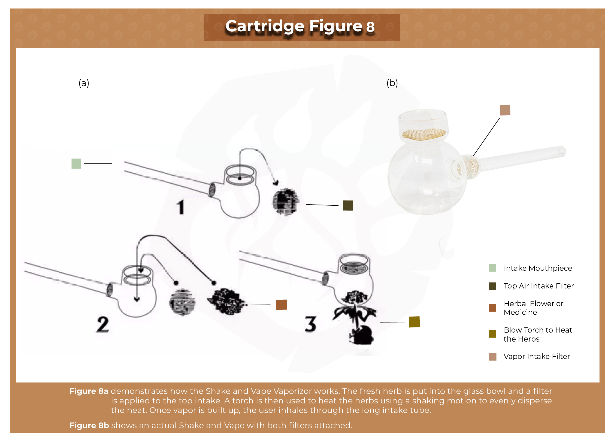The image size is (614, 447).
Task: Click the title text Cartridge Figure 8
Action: point(300,26)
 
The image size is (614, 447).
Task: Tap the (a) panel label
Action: point(84,83)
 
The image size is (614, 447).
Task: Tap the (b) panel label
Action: point(392,83)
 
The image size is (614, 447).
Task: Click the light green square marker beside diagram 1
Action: point(76,164)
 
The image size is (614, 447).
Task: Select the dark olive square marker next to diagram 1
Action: point(348,205)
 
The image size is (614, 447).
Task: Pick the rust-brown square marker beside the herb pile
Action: point(281,305)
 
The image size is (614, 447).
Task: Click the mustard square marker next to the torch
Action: point(414,322)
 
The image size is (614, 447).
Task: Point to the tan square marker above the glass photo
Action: point(505,110)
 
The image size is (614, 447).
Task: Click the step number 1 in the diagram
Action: point(180,207)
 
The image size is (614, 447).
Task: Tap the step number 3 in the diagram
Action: point(310,324)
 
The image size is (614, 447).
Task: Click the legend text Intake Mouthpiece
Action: point(538,268)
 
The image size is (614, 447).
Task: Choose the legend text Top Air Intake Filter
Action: point(539,286)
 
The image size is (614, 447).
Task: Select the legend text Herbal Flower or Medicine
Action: point(533,308)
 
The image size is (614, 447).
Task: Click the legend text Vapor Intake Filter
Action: point(537,357)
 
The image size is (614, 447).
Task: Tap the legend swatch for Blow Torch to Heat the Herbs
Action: point(492,334)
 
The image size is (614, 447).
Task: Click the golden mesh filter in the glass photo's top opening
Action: point(424,134)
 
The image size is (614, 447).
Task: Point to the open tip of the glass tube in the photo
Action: point(562,151)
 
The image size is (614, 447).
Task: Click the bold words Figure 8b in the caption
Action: point(89,425)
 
